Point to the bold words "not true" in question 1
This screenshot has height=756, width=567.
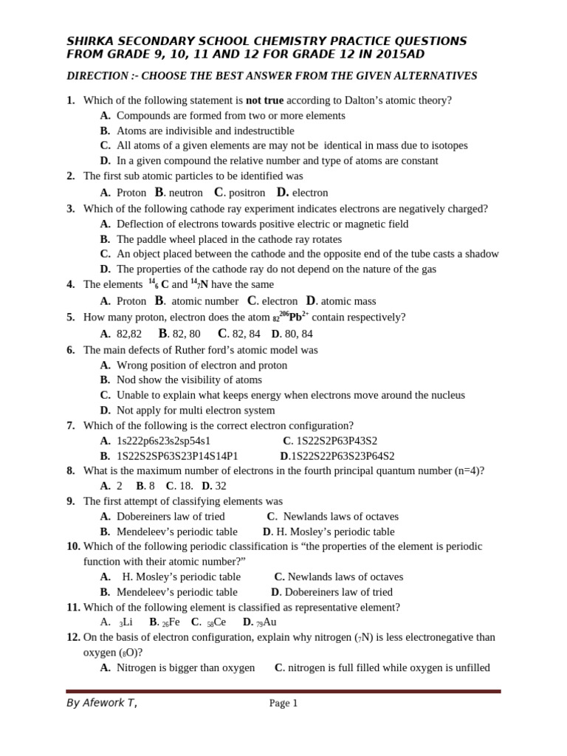coord(264,100)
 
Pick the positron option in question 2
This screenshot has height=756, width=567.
coord(244,193)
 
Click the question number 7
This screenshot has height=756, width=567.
coord(71,426)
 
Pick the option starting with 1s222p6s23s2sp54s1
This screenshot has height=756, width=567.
coord(163,441)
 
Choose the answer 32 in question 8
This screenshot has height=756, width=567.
coord(220,486)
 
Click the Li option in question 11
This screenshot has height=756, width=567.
coord(126,622)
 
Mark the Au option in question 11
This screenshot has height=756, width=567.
coord(269,622)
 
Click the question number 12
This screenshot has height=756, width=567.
coord(73,637)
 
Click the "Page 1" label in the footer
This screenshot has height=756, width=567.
coord(283,704)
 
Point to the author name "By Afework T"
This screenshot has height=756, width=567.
coord(101,703)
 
